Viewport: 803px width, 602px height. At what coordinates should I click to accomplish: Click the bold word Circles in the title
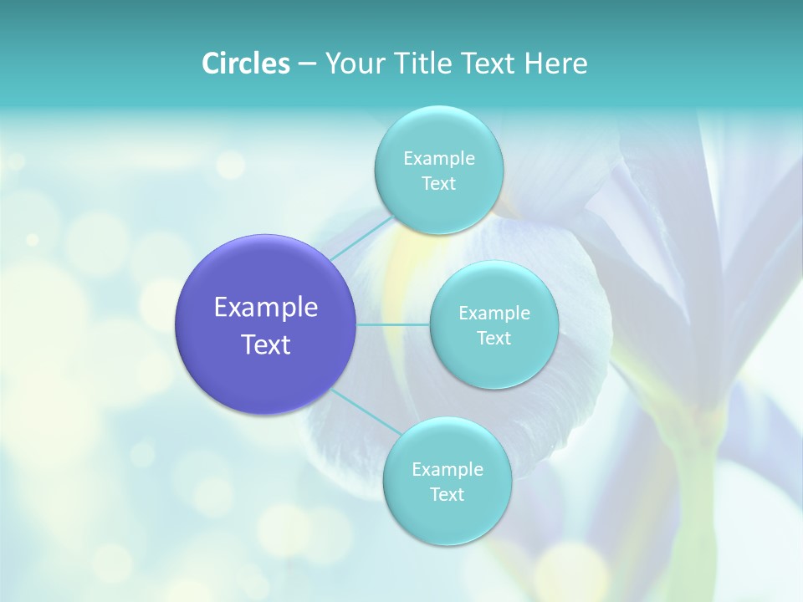tap(245, 64)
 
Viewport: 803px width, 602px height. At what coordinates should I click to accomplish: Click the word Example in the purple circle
tap(266, 308)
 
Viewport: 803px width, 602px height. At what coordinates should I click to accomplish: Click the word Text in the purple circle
tap(266, 344)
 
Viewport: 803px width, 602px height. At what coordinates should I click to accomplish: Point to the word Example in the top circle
tap(438, 159)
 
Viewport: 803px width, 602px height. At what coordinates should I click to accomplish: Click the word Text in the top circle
tap(438, 184)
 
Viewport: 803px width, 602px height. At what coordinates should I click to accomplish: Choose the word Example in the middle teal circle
tap(494, 314)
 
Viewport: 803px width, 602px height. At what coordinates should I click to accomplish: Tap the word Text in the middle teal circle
tap(494, 339)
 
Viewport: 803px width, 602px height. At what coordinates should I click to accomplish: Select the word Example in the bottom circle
tap(447, 470)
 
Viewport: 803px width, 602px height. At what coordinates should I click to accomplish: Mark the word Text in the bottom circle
tap(447, 495)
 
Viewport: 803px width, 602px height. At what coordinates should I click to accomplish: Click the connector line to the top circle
tap(362, 236)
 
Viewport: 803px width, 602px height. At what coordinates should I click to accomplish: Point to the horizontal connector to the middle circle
tap(393, 324)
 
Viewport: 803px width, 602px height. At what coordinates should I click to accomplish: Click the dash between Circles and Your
tap(306, 64)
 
